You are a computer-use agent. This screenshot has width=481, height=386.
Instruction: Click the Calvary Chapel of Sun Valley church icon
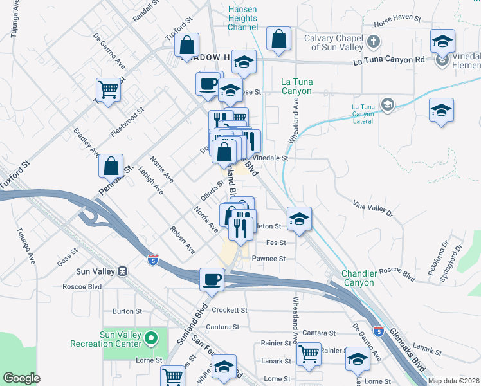pos(374,42)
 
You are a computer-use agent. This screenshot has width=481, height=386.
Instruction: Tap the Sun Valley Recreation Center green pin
pos(150,337)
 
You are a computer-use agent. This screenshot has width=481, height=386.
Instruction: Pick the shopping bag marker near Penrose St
pos(111,165)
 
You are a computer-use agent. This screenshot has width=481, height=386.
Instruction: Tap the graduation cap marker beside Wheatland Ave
pos(299,219)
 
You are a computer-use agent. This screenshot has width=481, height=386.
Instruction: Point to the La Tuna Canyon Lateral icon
pos(387,104)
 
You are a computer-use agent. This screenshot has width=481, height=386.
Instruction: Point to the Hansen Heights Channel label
pos(243,18)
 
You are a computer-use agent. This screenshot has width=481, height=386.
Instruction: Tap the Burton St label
pos(127,311)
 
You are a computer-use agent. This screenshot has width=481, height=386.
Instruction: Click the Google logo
pos(21,378)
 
